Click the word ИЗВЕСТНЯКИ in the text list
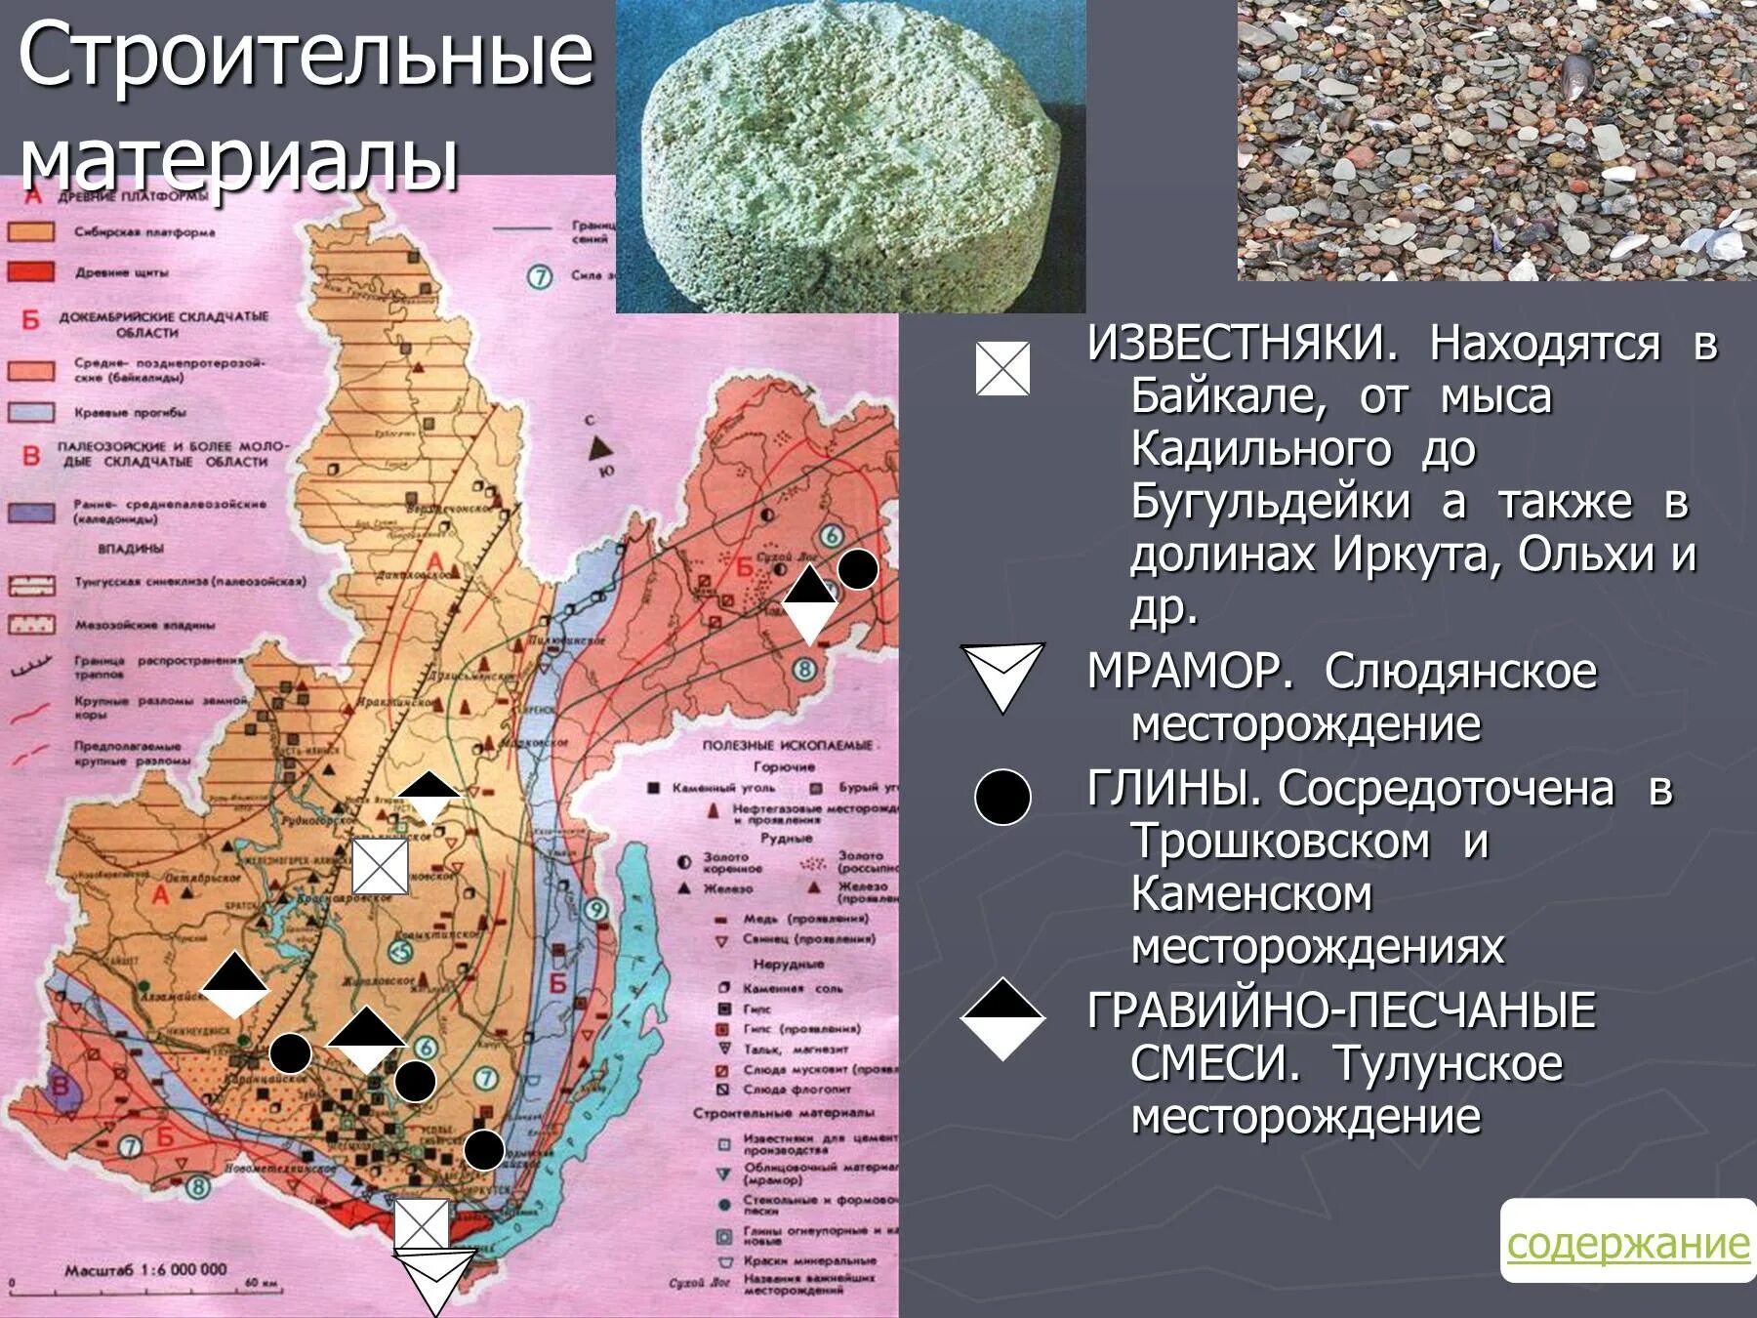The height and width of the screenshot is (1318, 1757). [x=1243, y=344]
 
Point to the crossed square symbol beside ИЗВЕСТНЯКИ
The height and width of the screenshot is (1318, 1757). [x=1002, y=369]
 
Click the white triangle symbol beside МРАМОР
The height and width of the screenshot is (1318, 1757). [x=1002, y=675]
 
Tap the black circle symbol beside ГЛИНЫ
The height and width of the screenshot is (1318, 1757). [x=1002, y=797]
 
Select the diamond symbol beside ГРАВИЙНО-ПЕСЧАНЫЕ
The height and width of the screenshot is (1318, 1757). [x=1002, y=1018]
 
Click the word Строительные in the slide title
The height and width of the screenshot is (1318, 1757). [x=306, y=56]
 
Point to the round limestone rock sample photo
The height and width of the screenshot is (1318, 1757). [x=849, y=156]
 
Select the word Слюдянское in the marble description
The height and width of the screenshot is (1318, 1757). [x=1460, y=672]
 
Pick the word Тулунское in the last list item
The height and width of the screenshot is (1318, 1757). [x=1448, y=1063]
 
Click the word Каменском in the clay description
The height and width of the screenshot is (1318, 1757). [x=1252, y=894]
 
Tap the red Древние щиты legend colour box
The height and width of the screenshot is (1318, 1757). [x=31, y=271]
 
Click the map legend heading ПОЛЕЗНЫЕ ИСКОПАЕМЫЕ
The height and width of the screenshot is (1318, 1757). [x=788, y=745]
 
